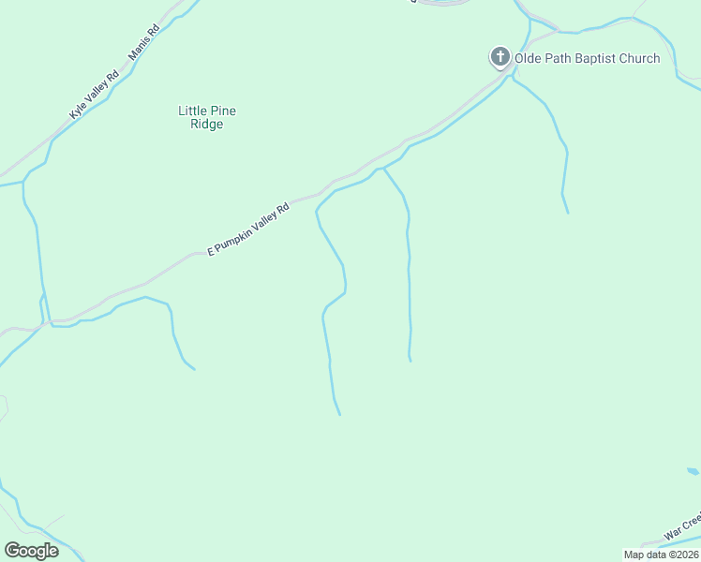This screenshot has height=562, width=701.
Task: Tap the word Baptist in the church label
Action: (x=592, y=59)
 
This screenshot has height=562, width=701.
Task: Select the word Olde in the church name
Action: (x=529, y=59)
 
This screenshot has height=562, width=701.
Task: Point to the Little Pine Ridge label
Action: (x=207, y=117)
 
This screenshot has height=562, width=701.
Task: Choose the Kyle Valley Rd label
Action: (x=95, y=95)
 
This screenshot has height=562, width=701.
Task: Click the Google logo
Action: (x=31, y=551)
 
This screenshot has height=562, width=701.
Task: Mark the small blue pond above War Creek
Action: (x=693, y=471)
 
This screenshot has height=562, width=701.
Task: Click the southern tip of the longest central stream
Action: (x=339, y=414)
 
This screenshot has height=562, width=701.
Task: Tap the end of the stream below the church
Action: (x=568, y=213)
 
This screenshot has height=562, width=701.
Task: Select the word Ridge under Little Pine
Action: (x=207, y=125)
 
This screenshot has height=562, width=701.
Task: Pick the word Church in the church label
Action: (x=639, y=59)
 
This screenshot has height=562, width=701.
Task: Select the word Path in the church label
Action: (x=559, y=59)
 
